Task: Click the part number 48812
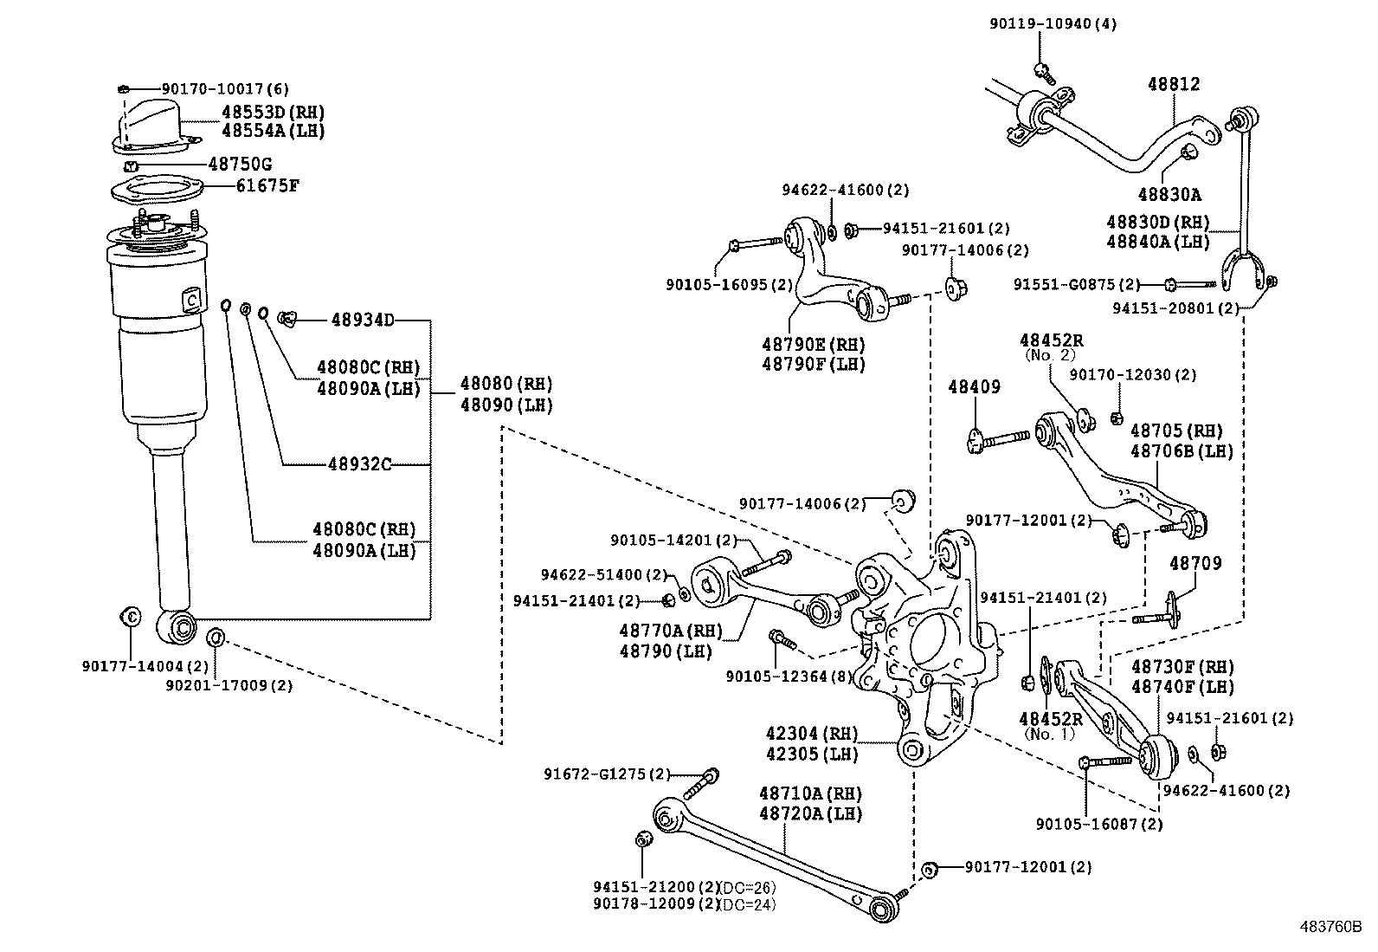pyautogui.click(x=1174, y=84)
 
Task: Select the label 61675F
pyautogui.click(x=267, y=185)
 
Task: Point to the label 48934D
pyautogui.click(x=362, y=321)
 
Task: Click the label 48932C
pyautogui.click(x=360, y=465)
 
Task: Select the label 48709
pyautogui.click(x=1195, y=563)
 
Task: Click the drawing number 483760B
pyautogui.click(x=1330, y=925)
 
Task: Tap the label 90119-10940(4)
pyautogui.click(x=1053, y=23)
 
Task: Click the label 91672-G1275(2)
pyautogui.click(x=608, y=774)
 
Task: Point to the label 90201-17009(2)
pyautogui.click(x=229, y=685)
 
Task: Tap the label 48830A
pyautogui.click(x=1169, y=195)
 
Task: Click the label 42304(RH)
pyautogui.click(x=811, y=734)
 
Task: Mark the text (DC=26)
pyautogui.click(x=748, y=887)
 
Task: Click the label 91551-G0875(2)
pyautogui.click(x=1077, y=284)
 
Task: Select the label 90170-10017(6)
pyautogui.click(x=225, y=88)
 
